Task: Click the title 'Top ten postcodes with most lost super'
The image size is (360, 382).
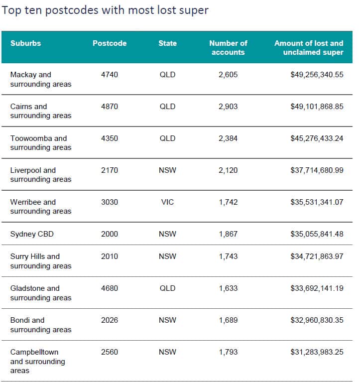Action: pyautogui.click(x=105, y=10)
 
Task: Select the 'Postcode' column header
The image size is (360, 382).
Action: pyautogui.click(x=110, y=43)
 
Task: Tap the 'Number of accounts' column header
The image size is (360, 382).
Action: pyautogui.click(x=228, y=48)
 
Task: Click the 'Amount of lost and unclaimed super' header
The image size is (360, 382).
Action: pyautogui.click(x=309, y=48)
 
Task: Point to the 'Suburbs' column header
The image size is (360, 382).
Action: pyautogui.click(x=25, y=43)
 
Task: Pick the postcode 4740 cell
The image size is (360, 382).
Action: pyautogui.click(x=110, y=75)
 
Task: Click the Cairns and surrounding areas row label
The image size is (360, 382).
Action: pyautogui.click(x=41, y=111)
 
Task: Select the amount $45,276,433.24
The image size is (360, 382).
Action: pyautogui.click(x=317, y=138)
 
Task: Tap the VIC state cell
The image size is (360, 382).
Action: pyautogui.click(x=167, y=202)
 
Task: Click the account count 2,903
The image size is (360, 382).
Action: pyautogui.click(x=228, y=107)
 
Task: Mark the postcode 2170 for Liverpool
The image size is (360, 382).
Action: pyautogui.click(x=110, y=170)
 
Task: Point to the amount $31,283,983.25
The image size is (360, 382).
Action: pyautogui.click(x=317, y=352)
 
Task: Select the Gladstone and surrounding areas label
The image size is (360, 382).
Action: pyautogui.click(x=41, y=293)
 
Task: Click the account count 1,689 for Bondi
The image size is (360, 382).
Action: pyautogui.click(x=228, y=320)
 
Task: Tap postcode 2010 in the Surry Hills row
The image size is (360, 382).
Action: pyautogui.click(x=110, y=256)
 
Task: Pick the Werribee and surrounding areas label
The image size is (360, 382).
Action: pyautogui.click(x=41, y=207)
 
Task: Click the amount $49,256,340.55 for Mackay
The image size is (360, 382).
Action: pyautogui.click(x=317, y=75)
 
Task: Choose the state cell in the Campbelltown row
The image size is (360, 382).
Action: pyautogui.click(x=167, y=352)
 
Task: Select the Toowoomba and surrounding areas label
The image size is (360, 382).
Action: pyautogui.click(x=41, y=143)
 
